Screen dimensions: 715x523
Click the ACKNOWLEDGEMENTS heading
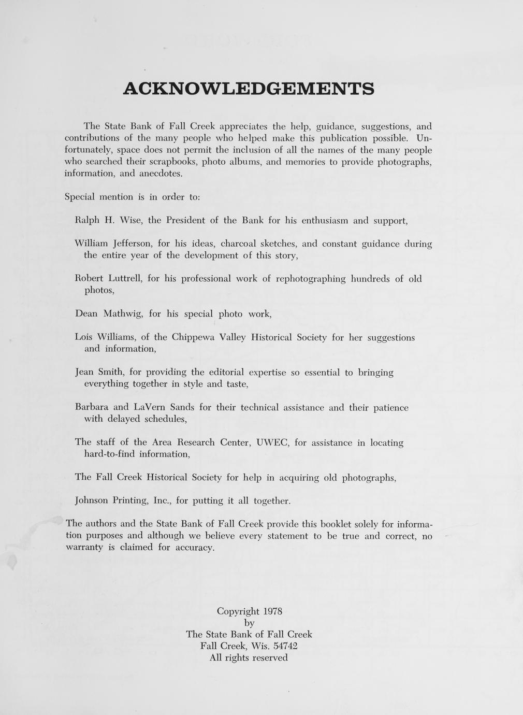coord(249,88)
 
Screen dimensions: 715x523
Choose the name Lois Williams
coord(106,337)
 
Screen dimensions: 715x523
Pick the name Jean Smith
coord(99,372)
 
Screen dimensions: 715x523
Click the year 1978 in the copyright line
coord(272,611)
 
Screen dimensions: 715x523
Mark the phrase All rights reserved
coord(249,658)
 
